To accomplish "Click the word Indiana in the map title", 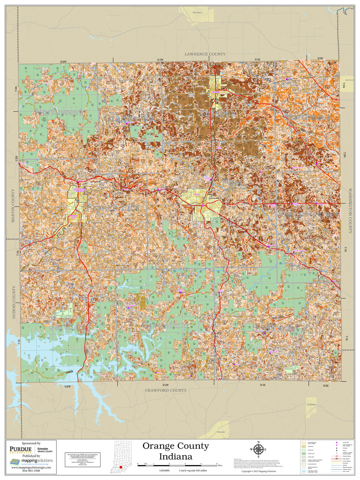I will pos(175,456).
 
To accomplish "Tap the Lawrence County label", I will pos(205,54).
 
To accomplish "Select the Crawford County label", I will pos(165,390).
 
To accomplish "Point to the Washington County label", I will pos(350,211).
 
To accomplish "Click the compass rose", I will pos(258,449).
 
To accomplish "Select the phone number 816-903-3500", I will pos(31,471).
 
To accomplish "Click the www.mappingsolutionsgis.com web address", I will pos(31,467).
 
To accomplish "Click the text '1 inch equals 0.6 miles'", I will pos(193,470).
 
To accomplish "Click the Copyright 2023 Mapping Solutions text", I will pos(259,471).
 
